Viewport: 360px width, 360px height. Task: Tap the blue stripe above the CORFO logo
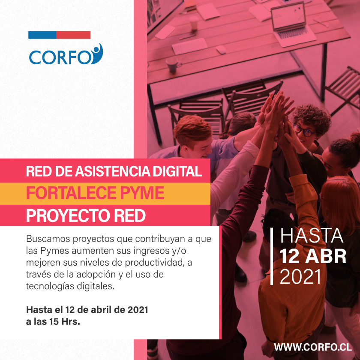(42, 35)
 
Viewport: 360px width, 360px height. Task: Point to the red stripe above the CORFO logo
(73, 35)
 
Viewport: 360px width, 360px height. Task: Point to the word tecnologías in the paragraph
(47, 286)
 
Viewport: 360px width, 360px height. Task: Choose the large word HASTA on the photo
(312, 236)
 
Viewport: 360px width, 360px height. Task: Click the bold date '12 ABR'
(313, 256)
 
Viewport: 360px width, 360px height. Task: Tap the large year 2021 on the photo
(300, 277)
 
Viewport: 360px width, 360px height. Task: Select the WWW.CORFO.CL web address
(313, 346)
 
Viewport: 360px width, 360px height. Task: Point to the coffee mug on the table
(173, 64)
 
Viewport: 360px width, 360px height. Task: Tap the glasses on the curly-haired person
(304, 130)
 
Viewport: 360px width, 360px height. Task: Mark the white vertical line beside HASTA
(272, 256)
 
